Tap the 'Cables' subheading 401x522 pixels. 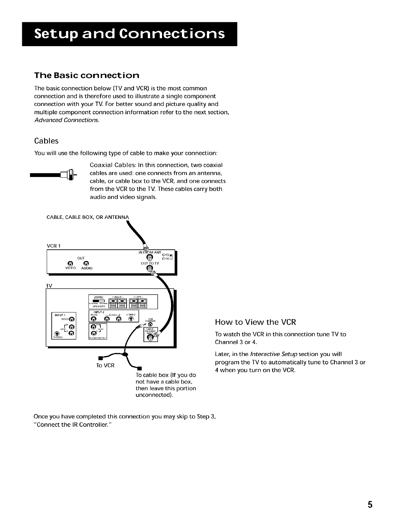(x=46, y=141)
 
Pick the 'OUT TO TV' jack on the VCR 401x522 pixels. (x=149, y=269)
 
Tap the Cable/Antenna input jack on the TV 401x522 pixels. (x=151, y=337)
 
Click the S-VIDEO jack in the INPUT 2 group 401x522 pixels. (x=132, y=319)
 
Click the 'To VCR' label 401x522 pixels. (x=105, y=366)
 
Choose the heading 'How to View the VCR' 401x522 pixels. (x=255, y=322)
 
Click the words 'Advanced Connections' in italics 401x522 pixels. (x=67, y=120)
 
